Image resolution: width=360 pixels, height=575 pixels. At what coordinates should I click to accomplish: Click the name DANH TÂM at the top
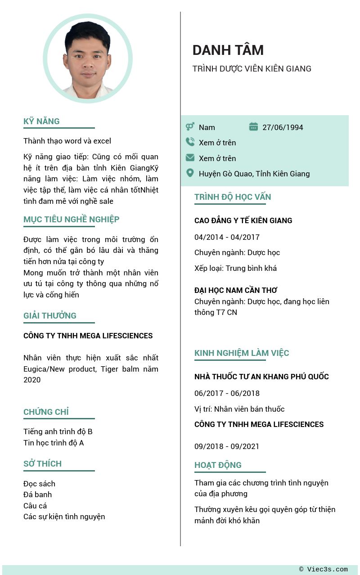[x=228, y=50]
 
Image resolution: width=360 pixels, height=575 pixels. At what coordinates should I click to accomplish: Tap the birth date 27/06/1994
[x=283, y=127]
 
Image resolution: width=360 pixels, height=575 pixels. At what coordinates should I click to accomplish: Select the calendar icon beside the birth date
[x=253, y=127]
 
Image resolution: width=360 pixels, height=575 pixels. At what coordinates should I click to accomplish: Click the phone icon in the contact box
[x=190, y=142]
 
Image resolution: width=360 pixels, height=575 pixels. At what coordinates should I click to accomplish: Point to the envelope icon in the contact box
[x=190, y=158]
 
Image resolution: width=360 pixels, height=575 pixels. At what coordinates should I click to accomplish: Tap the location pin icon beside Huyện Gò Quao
[x=190, y=173]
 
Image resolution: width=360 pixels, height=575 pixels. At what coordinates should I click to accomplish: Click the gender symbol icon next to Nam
[x=190, y=127]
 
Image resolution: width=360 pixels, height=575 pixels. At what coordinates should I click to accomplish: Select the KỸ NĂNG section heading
[x=41, y=121]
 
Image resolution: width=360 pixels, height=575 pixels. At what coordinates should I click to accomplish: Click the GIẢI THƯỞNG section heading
[x=50, y=315]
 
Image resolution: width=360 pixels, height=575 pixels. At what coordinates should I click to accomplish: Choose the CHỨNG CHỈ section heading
[x=46, y=412]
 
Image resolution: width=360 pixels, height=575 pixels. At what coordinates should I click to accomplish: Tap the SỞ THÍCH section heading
[x=42, y=463]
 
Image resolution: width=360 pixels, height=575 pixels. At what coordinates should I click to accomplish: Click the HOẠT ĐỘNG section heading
[x=218, y=465]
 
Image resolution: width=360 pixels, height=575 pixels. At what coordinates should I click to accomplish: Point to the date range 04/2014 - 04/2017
[x=227, y=237]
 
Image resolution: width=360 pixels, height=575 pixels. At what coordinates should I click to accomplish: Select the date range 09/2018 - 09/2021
[x=227, y=446]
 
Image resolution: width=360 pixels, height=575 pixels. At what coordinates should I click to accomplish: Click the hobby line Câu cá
[x=35, y=506]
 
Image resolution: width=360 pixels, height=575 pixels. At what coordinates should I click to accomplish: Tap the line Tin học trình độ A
[x=54, y=443]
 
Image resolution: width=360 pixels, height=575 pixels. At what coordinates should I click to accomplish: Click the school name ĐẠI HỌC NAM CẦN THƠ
[x=236, y=290]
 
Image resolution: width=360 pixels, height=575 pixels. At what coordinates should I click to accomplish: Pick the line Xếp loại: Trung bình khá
[x=235, y=268]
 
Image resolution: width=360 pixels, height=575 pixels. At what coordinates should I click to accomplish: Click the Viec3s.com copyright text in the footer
[x=323, y=569]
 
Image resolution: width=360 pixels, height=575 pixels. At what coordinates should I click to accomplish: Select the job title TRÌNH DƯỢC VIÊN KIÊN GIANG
[x=252, y=69]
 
